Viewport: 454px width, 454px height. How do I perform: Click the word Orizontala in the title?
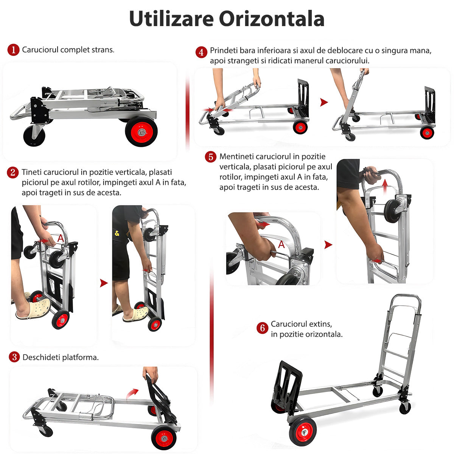point(272,19)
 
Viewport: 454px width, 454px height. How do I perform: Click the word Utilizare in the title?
point(171,19)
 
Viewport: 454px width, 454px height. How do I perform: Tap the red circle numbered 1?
point(13,50)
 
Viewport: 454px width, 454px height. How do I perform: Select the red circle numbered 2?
point(13,173)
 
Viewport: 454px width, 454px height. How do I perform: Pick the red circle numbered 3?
point(14,357)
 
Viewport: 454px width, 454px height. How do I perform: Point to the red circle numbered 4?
point(201,52)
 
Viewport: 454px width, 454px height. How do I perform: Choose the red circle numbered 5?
point(211,157)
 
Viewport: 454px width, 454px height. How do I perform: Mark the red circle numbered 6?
point(263,328)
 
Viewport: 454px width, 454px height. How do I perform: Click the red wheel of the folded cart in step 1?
point(141,132)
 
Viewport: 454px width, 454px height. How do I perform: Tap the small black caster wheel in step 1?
point(34,136)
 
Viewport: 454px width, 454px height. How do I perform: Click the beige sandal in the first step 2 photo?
point(33,309)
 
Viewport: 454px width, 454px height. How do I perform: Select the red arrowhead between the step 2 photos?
point(104,283)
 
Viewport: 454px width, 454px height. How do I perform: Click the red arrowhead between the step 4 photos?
point(324,102)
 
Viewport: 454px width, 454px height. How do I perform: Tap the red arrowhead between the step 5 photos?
point(328,245)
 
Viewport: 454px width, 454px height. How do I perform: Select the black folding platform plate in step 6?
point(288,383)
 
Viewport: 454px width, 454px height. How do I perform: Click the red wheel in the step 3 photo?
point(163,438)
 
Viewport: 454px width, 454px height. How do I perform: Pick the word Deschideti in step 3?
point(41,358)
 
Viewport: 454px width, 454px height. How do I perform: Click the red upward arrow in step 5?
point(385,186)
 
